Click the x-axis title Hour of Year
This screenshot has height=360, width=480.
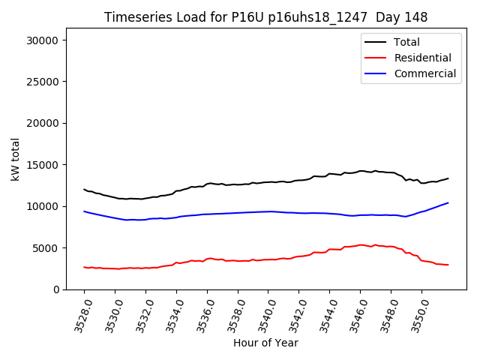(265, 343)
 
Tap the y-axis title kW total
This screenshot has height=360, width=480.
(16, 159)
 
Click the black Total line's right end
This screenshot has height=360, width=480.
(448, 178)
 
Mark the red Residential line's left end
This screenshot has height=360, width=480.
(84, 267)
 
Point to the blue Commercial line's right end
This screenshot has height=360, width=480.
(448, 202)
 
